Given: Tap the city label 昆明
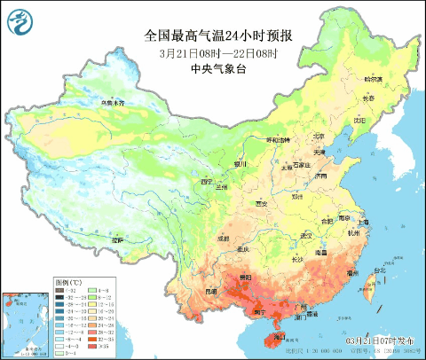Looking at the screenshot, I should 210,291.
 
